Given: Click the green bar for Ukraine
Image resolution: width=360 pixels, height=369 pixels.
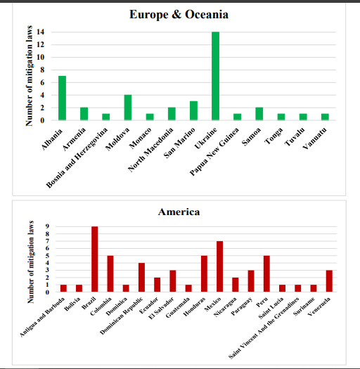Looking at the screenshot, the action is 215,76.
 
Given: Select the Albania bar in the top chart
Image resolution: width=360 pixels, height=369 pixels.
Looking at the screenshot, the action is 62,98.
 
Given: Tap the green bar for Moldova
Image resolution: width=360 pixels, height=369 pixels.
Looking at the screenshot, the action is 128,108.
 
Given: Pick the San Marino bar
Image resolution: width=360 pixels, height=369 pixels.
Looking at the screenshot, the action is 193,110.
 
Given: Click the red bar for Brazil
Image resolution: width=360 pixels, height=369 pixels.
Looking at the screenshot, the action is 95,259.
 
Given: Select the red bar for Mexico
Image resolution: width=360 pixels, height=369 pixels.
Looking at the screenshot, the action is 219,266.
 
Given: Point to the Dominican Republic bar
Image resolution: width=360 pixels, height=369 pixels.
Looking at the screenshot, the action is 141,278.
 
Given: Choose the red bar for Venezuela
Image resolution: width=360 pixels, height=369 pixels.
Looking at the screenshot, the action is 329,281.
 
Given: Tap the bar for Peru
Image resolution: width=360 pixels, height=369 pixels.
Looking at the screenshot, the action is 266,273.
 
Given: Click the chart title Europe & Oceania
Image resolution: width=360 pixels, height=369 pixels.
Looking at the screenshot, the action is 179,14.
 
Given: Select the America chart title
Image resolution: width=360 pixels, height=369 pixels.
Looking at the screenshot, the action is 179,212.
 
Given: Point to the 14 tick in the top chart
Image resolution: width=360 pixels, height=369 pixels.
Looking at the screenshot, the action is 41,32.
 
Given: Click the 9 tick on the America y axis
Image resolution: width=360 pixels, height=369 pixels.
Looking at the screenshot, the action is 47,226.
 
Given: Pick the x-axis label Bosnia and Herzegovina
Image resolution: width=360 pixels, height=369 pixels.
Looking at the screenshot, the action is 77,158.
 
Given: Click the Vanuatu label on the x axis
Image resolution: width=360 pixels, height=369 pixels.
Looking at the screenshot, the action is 315,138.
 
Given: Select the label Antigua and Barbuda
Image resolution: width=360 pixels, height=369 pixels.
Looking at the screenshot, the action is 42,317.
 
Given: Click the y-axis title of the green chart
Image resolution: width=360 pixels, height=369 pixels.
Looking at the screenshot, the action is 29,76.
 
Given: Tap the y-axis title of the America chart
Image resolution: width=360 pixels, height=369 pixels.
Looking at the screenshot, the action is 31,262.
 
